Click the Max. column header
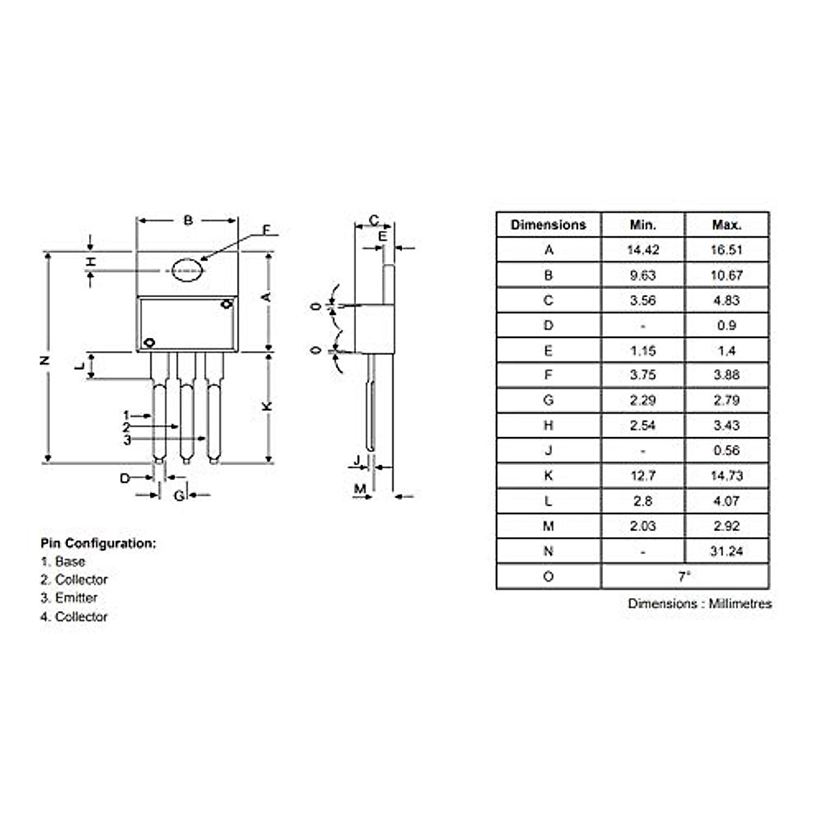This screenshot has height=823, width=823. (726, 225)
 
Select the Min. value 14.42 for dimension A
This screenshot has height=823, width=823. (643, 250)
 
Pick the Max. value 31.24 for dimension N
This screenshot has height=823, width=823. (726, 551)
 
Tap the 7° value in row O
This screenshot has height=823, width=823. (684, 577)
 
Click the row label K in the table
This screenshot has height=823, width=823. (548, 476)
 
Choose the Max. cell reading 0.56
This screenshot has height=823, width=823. (726, 451)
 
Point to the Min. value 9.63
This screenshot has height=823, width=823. (643, 276)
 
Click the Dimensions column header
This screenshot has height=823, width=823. (548, 225)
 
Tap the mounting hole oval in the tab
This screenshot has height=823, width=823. (187, 270)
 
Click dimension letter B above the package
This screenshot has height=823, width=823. (188, 221)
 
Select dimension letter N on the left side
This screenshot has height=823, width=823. (46, 360)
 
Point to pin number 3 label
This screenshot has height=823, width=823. (127, 440)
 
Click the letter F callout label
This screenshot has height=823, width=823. (267, 230)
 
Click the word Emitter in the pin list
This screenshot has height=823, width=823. (76, 598)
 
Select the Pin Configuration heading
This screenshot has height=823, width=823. (98, 544)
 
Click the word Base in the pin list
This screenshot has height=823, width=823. (70, 562)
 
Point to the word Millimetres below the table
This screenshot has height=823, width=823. (740, 604)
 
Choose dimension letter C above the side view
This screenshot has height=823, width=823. (374, 220)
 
